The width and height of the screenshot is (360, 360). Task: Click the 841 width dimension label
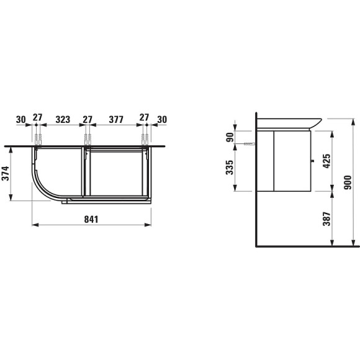click(x=91, y=219)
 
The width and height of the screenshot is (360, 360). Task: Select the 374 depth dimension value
click(x=6, y=173)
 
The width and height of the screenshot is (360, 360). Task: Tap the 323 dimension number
click(x=63, y=119)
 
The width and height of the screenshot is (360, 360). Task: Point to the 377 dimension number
click(x=116, y=119)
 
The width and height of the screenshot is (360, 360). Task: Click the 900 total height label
click(x=348, y=182)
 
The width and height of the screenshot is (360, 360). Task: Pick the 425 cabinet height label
click(x=326, y=161)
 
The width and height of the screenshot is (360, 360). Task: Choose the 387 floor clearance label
click(x=326, y=219)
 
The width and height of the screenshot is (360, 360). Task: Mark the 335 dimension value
click(x=230, y=168)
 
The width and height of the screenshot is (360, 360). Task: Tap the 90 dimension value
click(x=230, y=137)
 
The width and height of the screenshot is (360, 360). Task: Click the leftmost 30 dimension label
click(x=21, y=119)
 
